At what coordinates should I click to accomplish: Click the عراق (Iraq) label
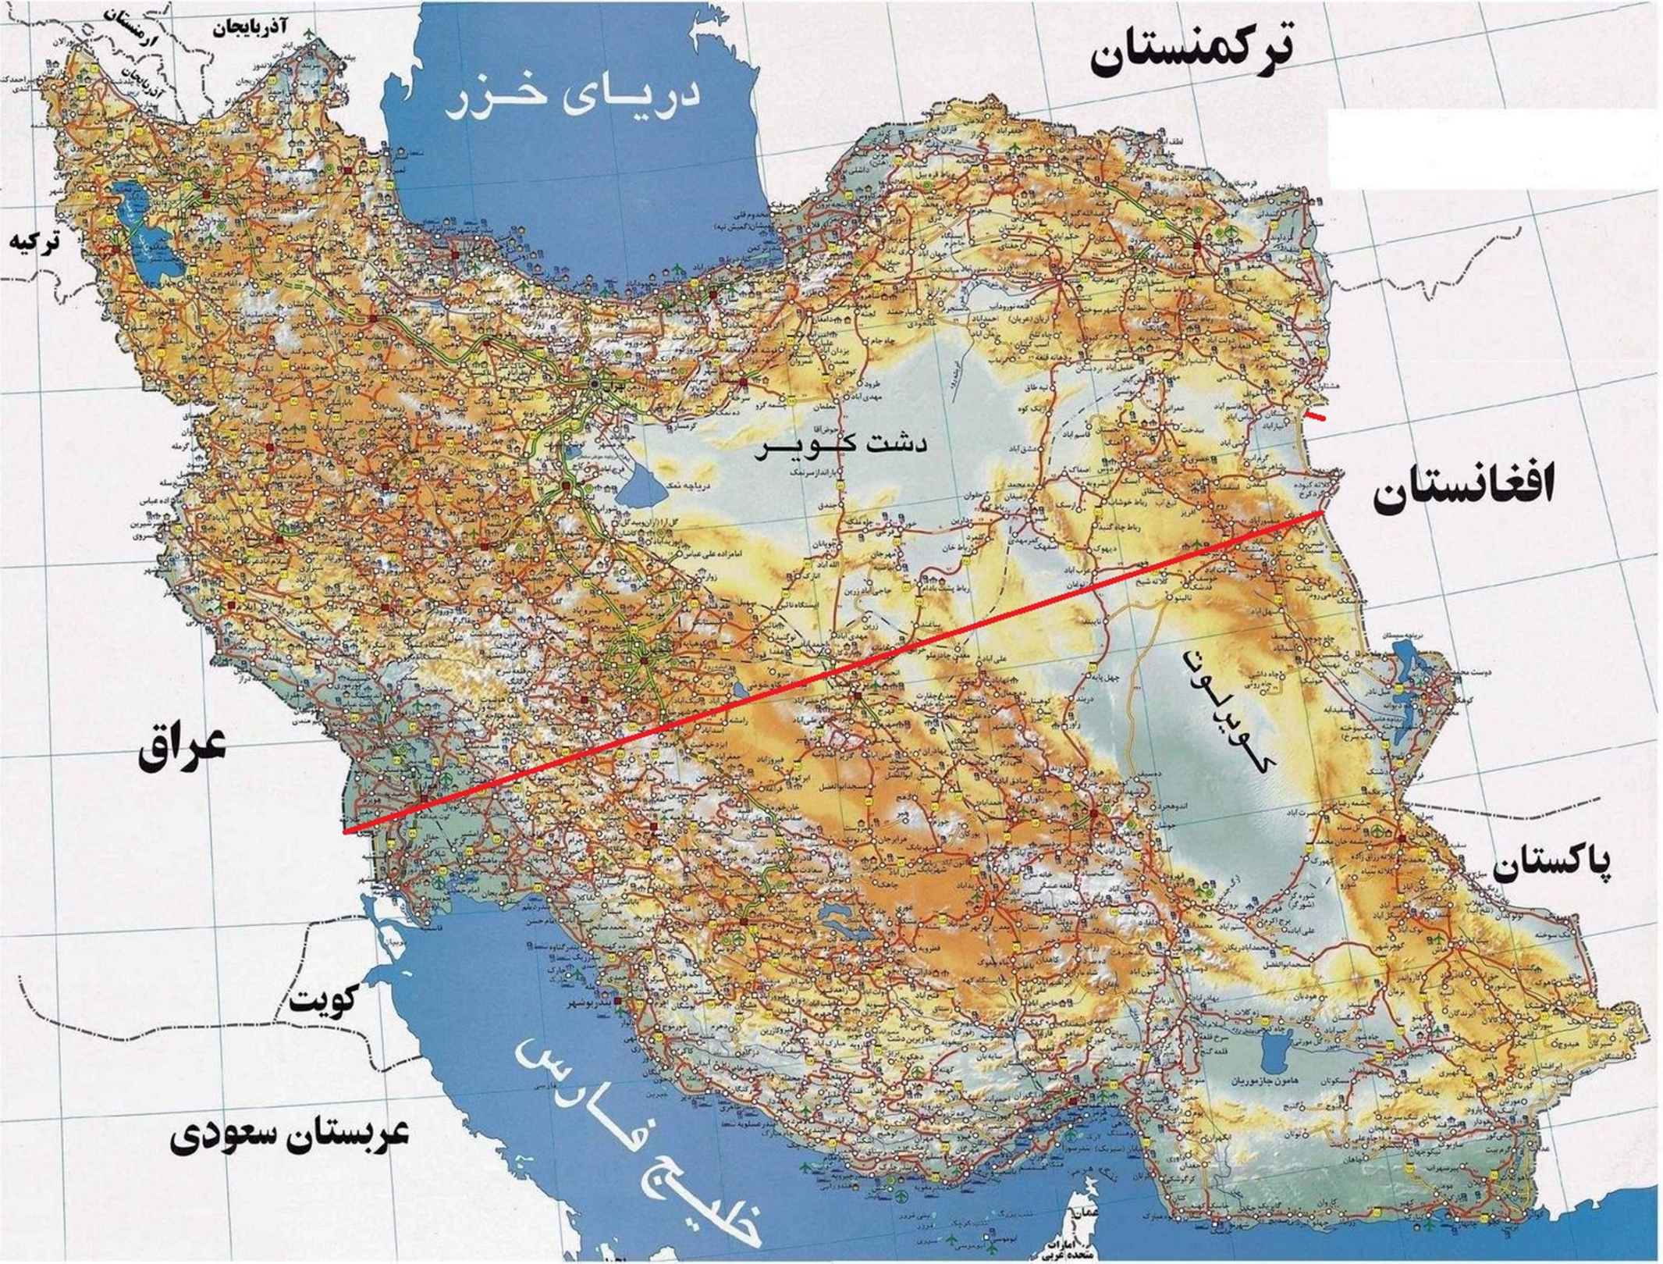(182, 747)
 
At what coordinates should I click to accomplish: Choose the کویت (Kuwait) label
(324, 999)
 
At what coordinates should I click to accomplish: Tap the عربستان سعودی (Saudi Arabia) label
(289, 1136)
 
